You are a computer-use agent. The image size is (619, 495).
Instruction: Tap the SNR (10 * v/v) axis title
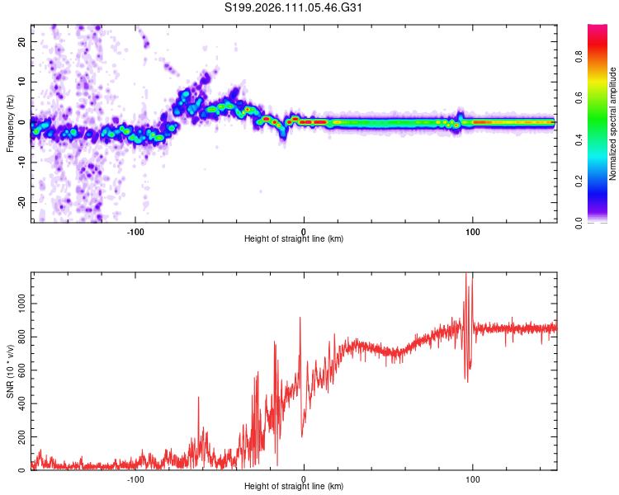pyautogui.click(x=10, y=371)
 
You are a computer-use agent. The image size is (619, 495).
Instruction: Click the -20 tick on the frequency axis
pyautogui.click(x=21, y=202)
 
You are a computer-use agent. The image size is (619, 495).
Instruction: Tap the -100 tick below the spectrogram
pyautogui.click(x=136, y=230)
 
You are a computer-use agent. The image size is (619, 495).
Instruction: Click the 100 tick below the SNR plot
pyautogui.click(x=473, y=478)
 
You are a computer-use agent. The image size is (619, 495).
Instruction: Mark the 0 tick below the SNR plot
pyautogui.click(x=305, y=478)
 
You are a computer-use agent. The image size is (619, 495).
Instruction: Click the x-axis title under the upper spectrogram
pyautogui.click(x=294, y=239)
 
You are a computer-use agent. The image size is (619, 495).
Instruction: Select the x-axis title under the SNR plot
pyautogui.click(x=294, y=487)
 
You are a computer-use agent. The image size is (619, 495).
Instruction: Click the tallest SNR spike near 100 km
pyautogui.click(x=466, y=275)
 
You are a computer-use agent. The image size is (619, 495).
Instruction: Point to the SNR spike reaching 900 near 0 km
pyautogui.click(x=300, y=318)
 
